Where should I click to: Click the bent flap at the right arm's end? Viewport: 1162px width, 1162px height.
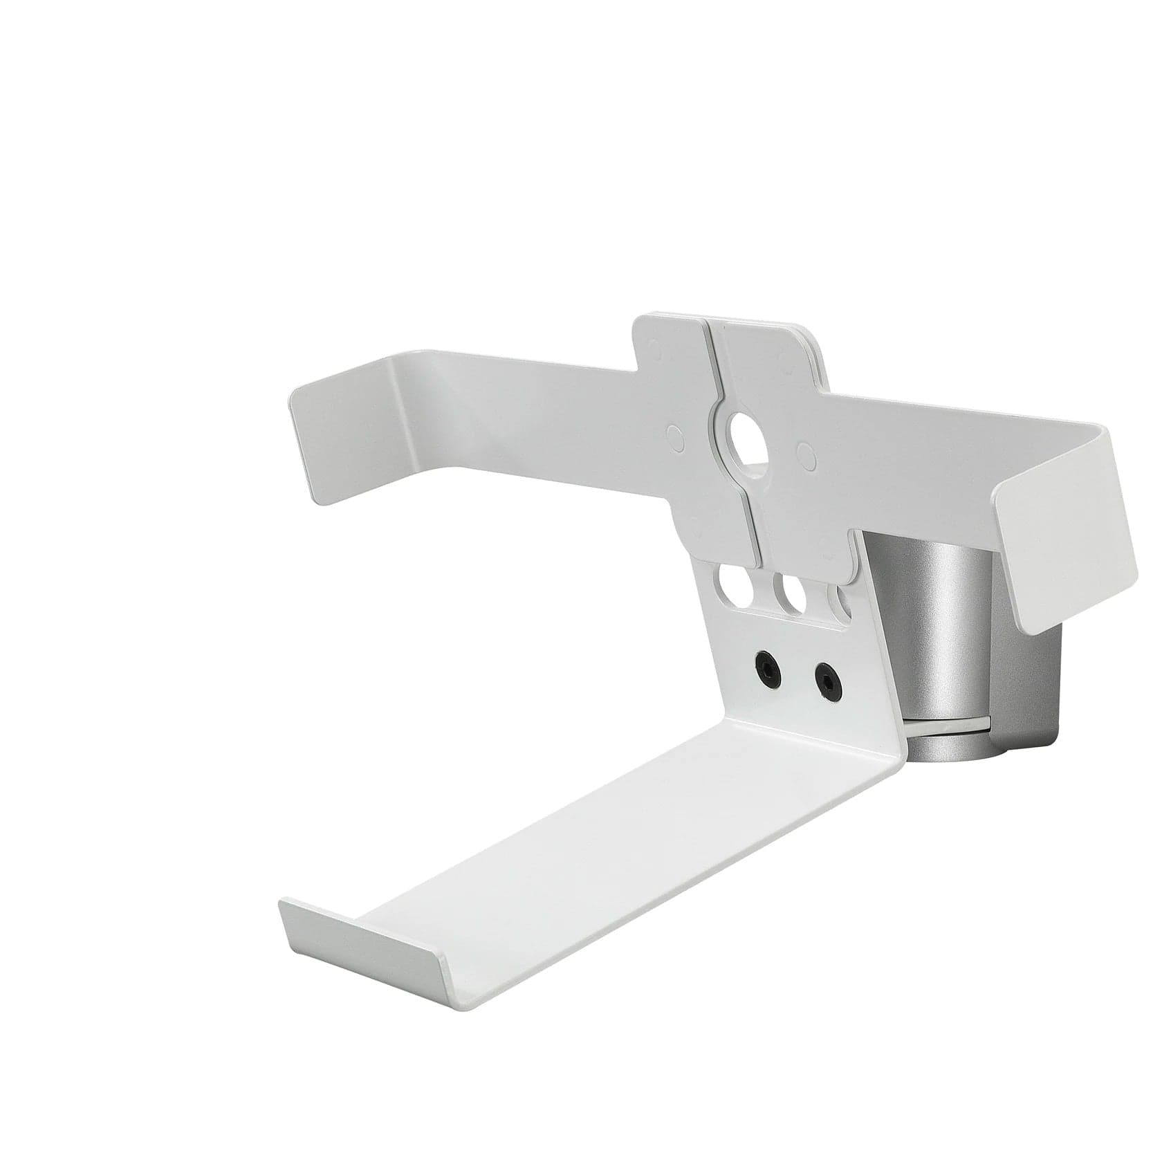click(x=1069, y=526)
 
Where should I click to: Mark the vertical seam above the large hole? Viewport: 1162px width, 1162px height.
click(x=709, y=367)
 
